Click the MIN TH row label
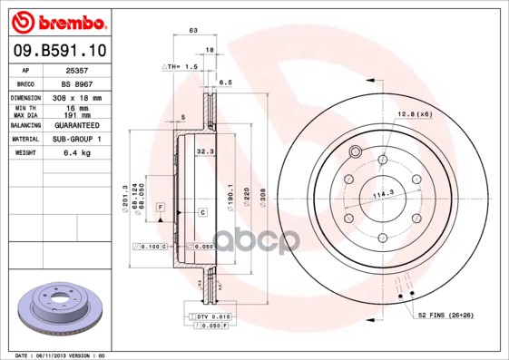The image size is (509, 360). (26, 108)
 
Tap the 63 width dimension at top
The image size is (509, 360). (193, 31)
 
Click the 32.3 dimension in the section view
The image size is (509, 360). (204, 152)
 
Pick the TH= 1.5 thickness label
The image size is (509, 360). (182, 67)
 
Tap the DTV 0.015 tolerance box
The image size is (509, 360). (210, 316)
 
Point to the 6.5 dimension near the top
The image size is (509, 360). (227, 82)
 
